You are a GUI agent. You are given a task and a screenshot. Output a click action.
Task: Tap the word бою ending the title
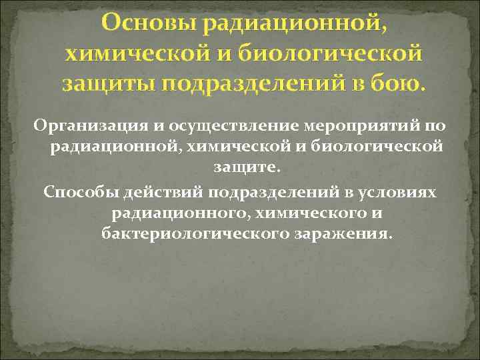[x=397, y=85]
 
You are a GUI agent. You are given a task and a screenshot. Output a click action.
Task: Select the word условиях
[x=399, y=193]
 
